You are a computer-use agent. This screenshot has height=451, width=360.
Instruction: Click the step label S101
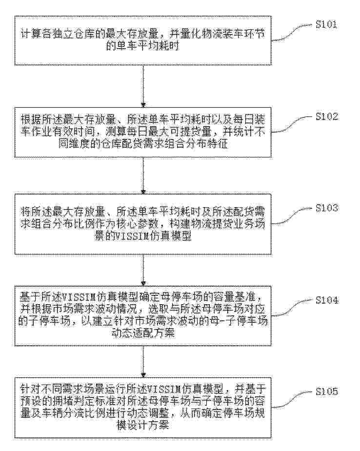(326, 24)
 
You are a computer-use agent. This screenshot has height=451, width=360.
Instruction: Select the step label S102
(326, 117)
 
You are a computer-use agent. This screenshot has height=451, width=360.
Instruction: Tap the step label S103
(326, 208)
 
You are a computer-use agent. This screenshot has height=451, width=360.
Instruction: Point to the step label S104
(326, 300)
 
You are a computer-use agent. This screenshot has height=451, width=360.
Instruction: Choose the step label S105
(326, 392)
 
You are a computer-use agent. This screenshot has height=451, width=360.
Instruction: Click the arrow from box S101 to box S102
(143, 87)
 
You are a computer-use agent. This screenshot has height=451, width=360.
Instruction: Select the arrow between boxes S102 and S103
(143, 176)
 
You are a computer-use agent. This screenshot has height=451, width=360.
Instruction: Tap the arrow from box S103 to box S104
(143, 270)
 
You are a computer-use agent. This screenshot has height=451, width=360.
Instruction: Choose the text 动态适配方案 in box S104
(143, 333)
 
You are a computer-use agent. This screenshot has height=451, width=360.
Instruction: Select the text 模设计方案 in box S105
(143, 425)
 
